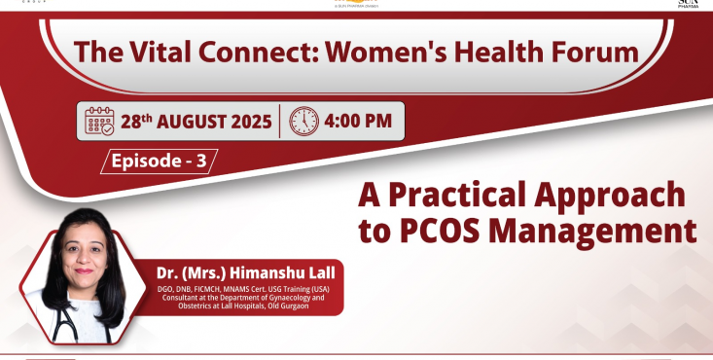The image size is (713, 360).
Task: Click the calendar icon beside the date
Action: tap(99, 122)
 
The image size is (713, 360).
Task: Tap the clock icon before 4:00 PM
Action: tap(303, 122)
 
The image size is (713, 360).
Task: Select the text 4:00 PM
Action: tap(359, 122)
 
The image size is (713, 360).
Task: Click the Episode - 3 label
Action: tap(160, 162)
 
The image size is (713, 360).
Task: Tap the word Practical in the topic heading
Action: tap(466, 195)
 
